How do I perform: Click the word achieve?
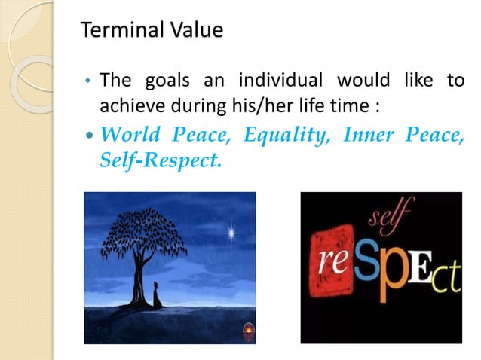[129, 105]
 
